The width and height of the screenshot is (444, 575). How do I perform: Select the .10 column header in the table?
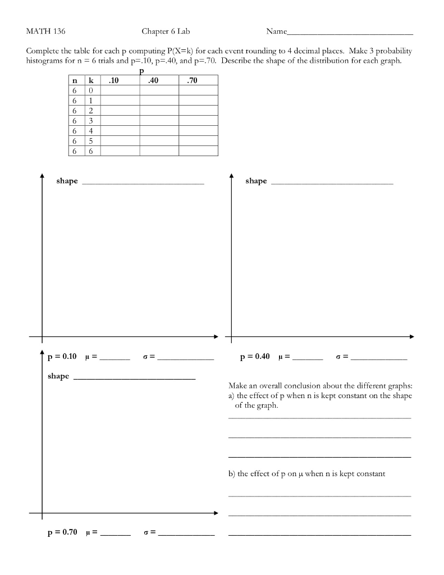point(114,81)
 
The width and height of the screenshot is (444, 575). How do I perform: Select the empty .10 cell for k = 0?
point(120,91)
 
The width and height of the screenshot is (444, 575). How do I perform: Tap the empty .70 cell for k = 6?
point(198,151)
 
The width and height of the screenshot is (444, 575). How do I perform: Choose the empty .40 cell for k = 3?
point(159,121)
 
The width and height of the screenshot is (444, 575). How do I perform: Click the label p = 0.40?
point(255,357)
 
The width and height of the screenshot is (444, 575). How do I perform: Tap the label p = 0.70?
point(62,532)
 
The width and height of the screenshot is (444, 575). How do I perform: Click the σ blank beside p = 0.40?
point(379,358)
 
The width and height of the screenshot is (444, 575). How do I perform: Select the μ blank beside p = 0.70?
point(115,533)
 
